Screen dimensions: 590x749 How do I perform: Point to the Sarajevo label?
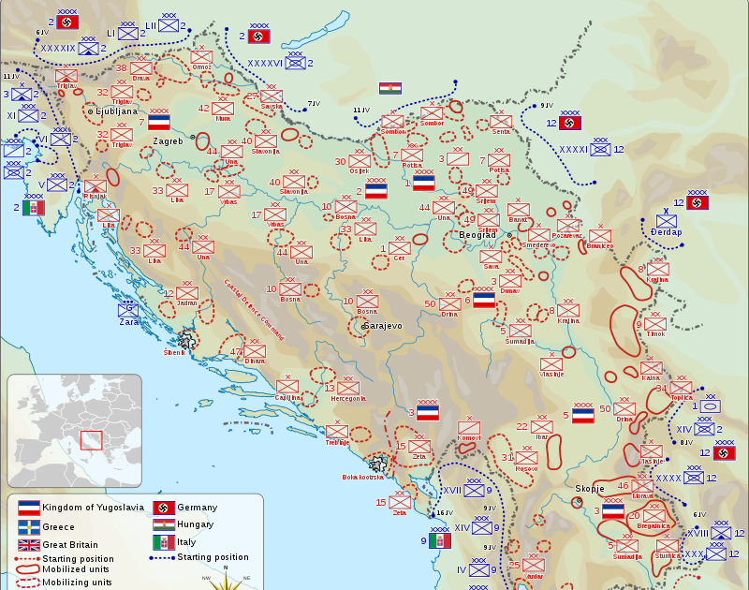click(x=381, y=325)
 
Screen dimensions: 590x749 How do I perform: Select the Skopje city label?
click(x=591, y=489)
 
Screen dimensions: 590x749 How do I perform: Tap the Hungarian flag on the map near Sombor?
click(x=389, y=88)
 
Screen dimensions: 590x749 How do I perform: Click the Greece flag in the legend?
click(x=28, y=526)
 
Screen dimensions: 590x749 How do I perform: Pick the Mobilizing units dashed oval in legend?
click(x=28, y=582)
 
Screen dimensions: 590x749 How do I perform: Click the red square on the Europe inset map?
click(x=91, y=439)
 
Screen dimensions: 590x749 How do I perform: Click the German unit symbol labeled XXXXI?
click(x=600, y=148)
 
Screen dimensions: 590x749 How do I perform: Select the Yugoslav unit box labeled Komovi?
click(x=469, y=428)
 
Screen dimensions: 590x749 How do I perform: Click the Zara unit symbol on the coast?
click(x=128, y=310)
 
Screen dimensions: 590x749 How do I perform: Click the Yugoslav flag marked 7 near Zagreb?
click(x=158, y=122)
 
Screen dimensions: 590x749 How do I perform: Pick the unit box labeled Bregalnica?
click(x=653, y=515)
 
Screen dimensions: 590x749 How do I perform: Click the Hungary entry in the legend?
click(x=195, y=524)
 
